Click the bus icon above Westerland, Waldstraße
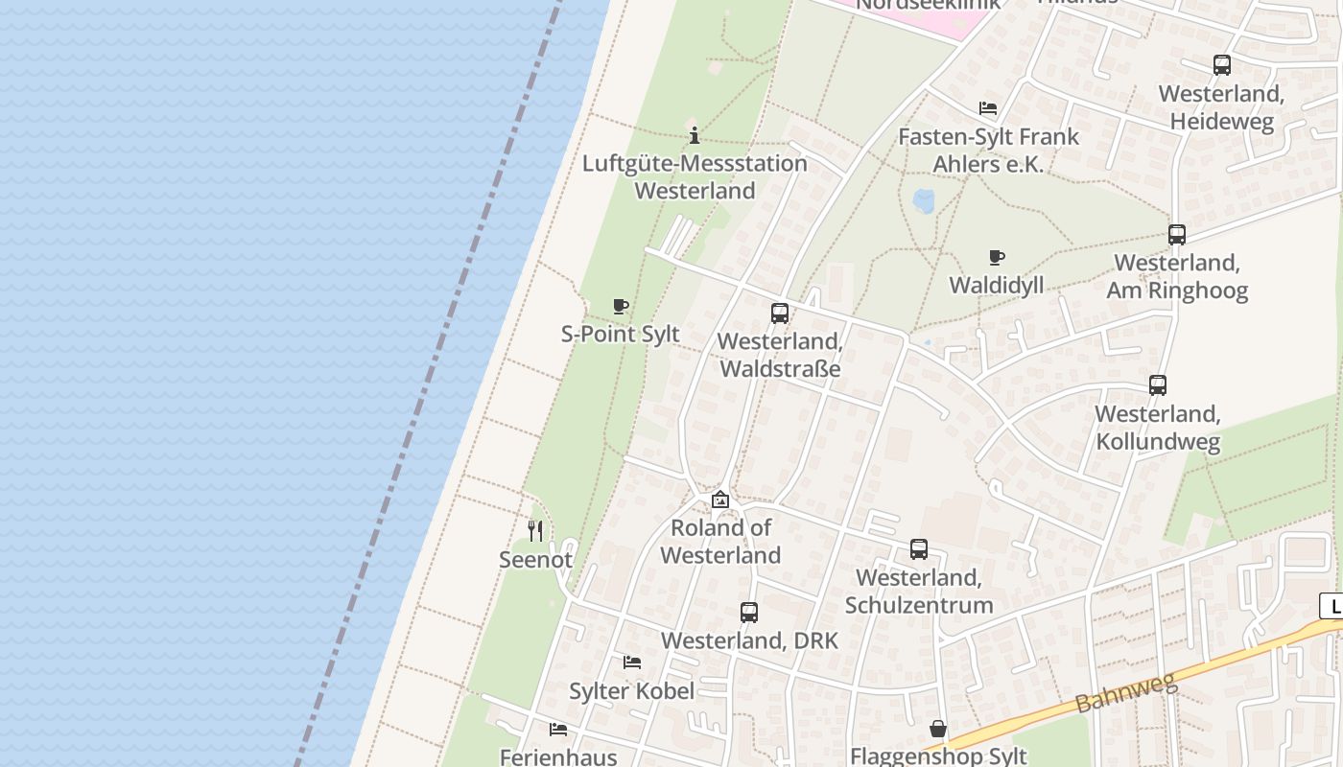780,314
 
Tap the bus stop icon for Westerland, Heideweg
1221,65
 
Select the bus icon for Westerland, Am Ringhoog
1177,235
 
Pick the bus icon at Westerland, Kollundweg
1158,385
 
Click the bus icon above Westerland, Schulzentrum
919,549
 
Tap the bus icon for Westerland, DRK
749,613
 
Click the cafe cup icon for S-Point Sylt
621,307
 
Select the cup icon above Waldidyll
997,257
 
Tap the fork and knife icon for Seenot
536,530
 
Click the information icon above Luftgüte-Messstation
695,135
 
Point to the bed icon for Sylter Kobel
632,662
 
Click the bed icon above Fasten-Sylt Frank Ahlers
988,108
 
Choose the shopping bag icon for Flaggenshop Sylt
938,730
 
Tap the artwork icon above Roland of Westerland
720,500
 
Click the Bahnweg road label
1125,693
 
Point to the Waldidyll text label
997,285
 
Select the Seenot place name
536,559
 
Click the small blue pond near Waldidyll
923,200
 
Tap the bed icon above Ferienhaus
558,730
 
